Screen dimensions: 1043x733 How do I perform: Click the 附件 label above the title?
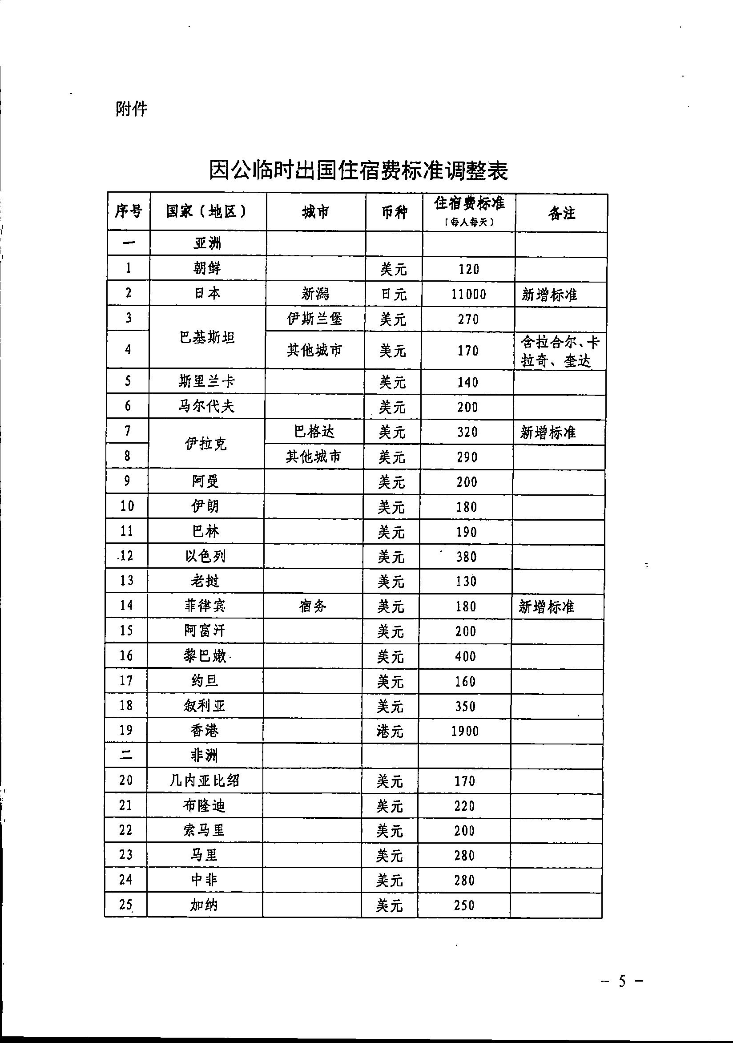click(x=132, y=109)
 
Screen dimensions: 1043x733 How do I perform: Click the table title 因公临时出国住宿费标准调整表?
click(x=358, y=170)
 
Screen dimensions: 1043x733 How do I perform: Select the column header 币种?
click(x=394, y=212)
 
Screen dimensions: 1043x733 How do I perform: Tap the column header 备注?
click(x=561, y=213)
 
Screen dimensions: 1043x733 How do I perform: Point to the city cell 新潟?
click(x=315, y=295)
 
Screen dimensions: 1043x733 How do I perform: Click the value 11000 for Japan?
click(x=469, y=295)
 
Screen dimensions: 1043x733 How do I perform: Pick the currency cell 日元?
click(x=393, y=295)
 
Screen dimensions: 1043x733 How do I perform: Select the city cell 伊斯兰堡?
click(x=315, y=319)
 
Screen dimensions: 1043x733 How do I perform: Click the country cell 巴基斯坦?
click(x=207, y=337)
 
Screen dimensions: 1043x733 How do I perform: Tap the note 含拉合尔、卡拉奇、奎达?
click(x=560, y=351)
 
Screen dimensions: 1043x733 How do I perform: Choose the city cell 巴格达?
click(x=314, y=431)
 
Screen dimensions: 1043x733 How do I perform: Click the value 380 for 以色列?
click(x=467, y=557)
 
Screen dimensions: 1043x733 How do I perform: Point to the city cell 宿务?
click(x=313, y=606)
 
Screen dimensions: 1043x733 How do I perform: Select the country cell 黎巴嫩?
click(x=205, y=656)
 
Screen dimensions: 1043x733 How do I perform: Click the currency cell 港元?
click(x=390, y=731)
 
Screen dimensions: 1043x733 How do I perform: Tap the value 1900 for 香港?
click(x=465, y=731)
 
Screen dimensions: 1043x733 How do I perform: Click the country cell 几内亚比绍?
click(x=204, y=781)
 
